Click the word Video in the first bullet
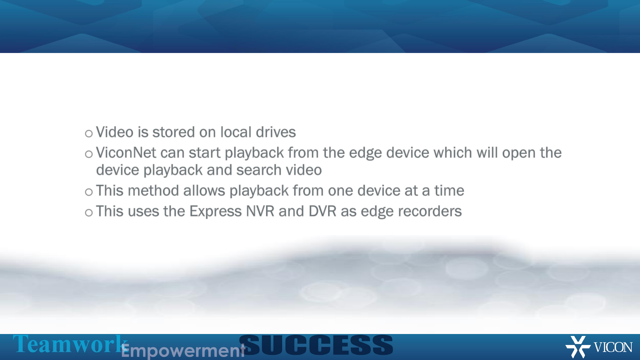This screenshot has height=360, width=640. [115, 132]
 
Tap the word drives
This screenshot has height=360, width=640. [276, 132]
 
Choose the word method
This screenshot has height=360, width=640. [153, 191]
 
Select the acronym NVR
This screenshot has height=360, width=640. [260, 211]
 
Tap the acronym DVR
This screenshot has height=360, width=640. [322, 211]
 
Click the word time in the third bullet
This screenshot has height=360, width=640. [449, 191]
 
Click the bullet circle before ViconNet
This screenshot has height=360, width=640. [89, 154]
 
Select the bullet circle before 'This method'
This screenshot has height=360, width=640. [89, 192]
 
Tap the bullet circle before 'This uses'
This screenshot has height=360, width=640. [89, 213]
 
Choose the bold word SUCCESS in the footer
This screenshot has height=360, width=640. [316, 345]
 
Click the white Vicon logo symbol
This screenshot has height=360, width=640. [578, 347]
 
